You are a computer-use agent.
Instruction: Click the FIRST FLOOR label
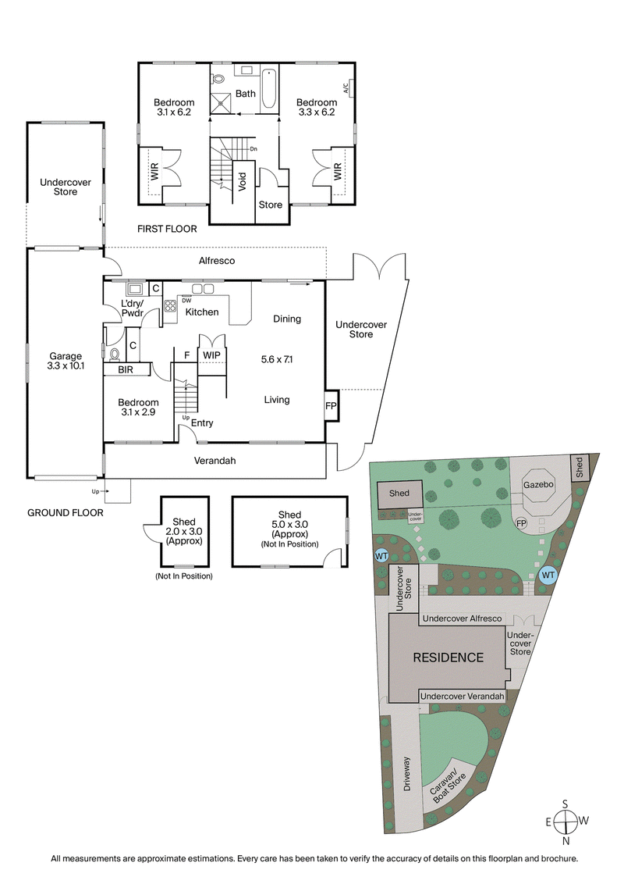pos(167,230)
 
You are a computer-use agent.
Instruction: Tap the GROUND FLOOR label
pos(65,513)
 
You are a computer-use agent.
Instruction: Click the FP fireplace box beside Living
pos(331,406)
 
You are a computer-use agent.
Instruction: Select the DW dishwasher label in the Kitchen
pos(186,300)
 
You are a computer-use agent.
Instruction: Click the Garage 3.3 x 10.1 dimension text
pos(66,362)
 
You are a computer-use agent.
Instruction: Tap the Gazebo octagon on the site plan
pos(538,484)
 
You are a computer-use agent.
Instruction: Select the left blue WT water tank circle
pos(382,555)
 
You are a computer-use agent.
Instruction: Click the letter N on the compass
pos(566,841)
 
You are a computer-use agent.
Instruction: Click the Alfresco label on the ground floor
pos(217,261)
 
